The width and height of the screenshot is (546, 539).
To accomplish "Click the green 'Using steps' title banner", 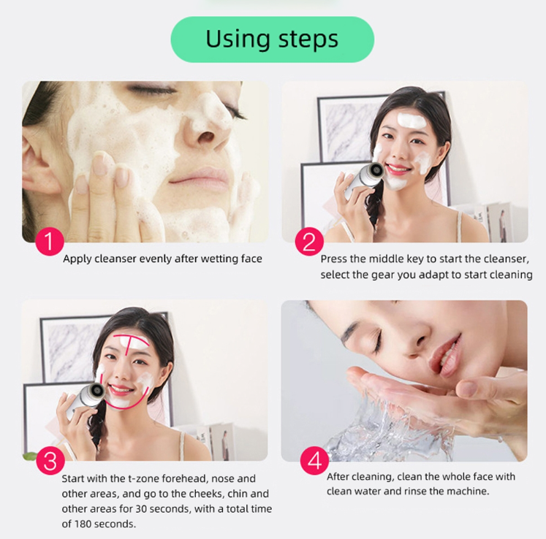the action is pos(273,39).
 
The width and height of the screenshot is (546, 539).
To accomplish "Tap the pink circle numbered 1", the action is pos(50,241).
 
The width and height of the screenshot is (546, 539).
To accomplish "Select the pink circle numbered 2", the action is pos(309,241).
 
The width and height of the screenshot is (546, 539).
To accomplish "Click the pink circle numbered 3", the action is pos(50,461).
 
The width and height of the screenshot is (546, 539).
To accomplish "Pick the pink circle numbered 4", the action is pos(315,461).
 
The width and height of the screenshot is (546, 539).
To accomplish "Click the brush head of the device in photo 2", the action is pos(376,170).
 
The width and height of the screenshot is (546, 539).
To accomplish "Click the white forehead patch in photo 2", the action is pos(412,120).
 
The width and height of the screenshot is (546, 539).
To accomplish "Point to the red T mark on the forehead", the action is pos(132,343).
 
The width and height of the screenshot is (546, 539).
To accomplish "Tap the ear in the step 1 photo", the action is pos(38,164).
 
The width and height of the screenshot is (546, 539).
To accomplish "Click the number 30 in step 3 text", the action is pos(141,509).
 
